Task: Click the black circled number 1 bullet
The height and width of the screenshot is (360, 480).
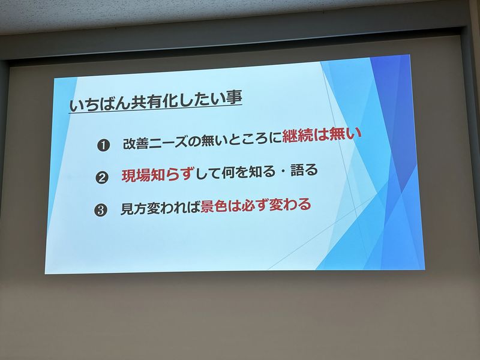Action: point(103,145)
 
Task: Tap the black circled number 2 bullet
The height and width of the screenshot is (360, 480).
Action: point(101,178)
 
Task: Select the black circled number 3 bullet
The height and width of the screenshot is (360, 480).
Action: point(100,211)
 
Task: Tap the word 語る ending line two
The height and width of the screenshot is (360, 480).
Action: point(304,170)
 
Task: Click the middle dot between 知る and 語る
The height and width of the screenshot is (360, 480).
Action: point(283,172)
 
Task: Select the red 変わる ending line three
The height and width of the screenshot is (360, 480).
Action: point(290,205)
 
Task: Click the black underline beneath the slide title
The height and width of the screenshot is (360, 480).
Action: point(156,110)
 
